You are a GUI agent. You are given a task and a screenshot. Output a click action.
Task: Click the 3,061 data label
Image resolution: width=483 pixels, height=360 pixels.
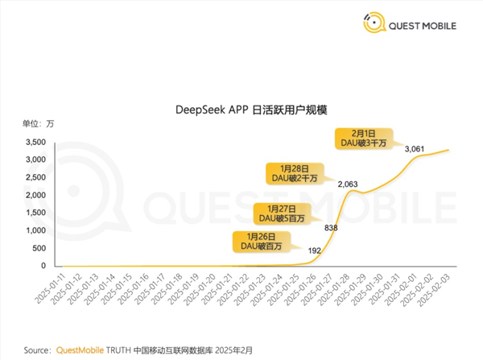[415, 149]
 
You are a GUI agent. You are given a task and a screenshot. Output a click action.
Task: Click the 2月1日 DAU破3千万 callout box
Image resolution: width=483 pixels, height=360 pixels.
[366, 138]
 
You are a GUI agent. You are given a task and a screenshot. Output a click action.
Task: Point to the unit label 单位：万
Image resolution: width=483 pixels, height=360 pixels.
[39, 122]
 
